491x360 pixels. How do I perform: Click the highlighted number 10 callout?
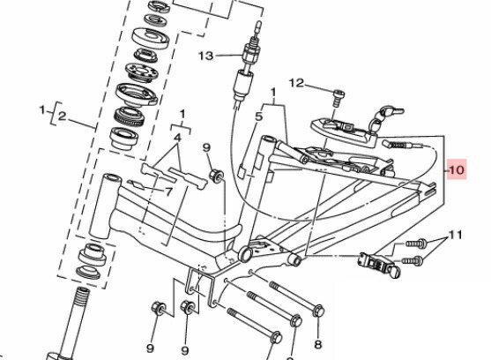pos(457,169)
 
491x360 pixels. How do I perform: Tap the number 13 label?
pos(206,56)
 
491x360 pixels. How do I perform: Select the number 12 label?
pos(296,83)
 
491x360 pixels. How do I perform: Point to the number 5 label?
pos(258,116)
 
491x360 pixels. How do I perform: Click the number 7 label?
pos(168,191)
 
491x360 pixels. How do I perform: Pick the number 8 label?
pos(318,345)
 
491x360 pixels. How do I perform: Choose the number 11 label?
pos(456,235)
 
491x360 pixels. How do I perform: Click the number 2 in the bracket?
pos(63,116)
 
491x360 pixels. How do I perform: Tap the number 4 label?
pos(177,138)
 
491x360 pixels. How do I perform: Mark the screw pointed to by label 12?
pos(338,97)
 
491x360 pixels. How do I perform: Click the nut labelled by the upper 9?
pos(217,175)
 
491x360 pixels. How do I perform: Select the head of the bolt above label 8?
pos(318,311)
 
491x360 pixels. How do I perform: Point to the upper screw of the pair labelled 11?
pos(416,243)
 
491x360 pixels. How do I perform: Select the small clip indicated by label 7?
pos(137,185)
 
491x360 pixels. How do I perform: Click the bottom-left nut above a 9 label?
pos(158,308)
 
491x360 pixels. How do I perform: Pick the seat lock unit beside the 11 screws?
pos(377,263)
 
